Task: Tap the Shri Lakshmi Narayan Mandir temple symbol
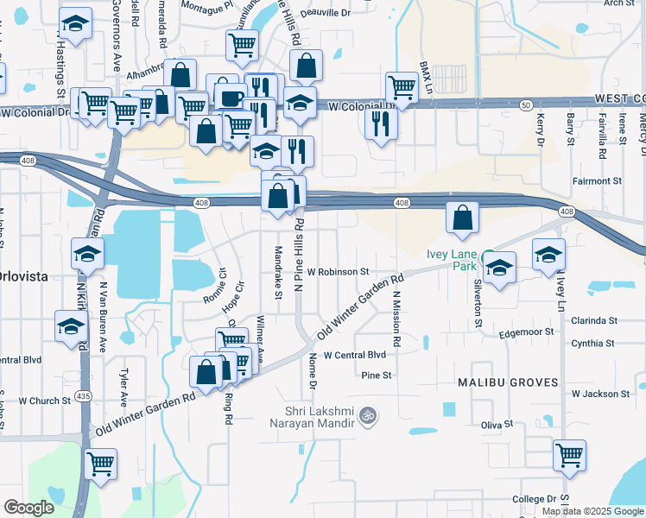click(x=370, y=415)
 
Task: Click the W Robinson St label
click(x=338, y=271)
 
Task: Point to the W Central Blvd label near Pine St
click(x=354, y=355)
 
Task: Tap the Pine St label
click(x=377, y=375)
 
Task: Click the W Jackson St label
click(x=601, y=394)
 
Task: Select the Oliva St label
click(x=497, y=425)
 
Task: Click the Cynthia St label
click(x=592, y=344)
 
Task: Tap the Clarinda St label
click(x=594, y=320)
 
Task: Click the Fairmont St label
click(x=597, y=181)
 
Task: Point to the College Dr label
click(x=534, y=499)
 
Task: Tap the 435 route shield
click(x=84, y=395)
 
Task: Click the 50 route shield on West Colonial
click(x=526, y=104)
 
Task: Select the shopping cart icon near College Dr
click(x=569, y=455)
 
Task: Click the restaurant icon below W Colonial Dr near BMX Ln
click(x=381, y=123)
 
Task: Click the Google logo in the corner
click(x=28, y=508)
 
